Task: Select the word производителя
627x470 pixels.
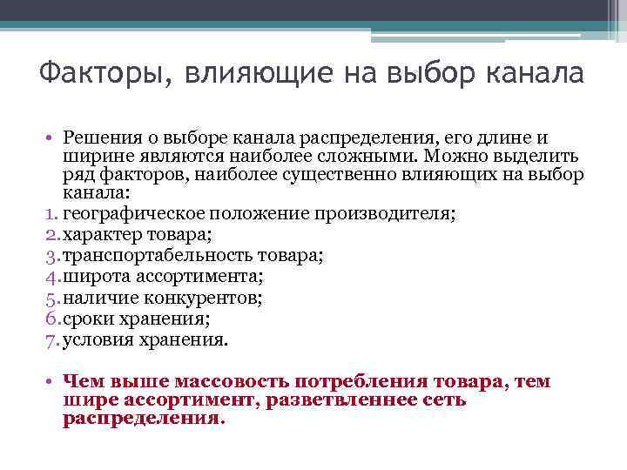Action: pyautogui.click(x=392, y=213)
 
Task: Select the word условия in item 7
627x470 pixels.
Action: pyautogui.click(x=96, y=340)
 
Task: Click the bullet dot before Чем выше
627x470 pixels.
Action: pyautogui.click(x=51, y=382)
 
